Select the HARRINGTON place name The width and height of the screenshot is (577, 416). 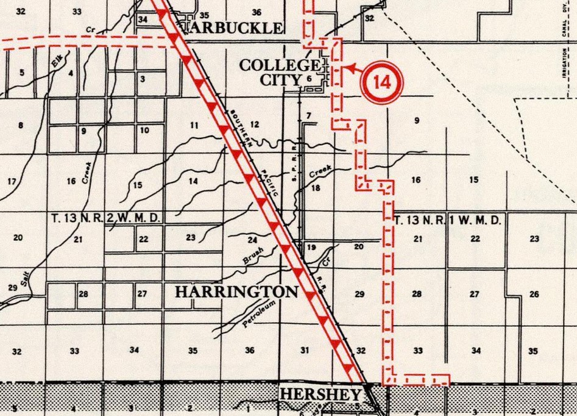pos(236,292)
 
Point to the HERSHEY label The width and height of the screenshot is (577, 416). pos(320,395)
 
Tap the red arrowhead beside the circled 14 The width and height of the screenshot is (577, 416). pos(349,68)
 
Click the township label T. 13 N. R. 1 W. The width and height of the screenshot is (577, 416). pos(448,220)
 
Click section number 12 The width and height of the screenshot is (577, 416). pos(255,124)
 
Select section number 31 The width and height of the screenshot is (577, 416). pos(304,350)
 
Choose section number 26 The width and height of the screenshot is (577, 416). pos(534,295)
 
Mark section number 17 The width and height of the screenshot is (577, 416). pos(12,182)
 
